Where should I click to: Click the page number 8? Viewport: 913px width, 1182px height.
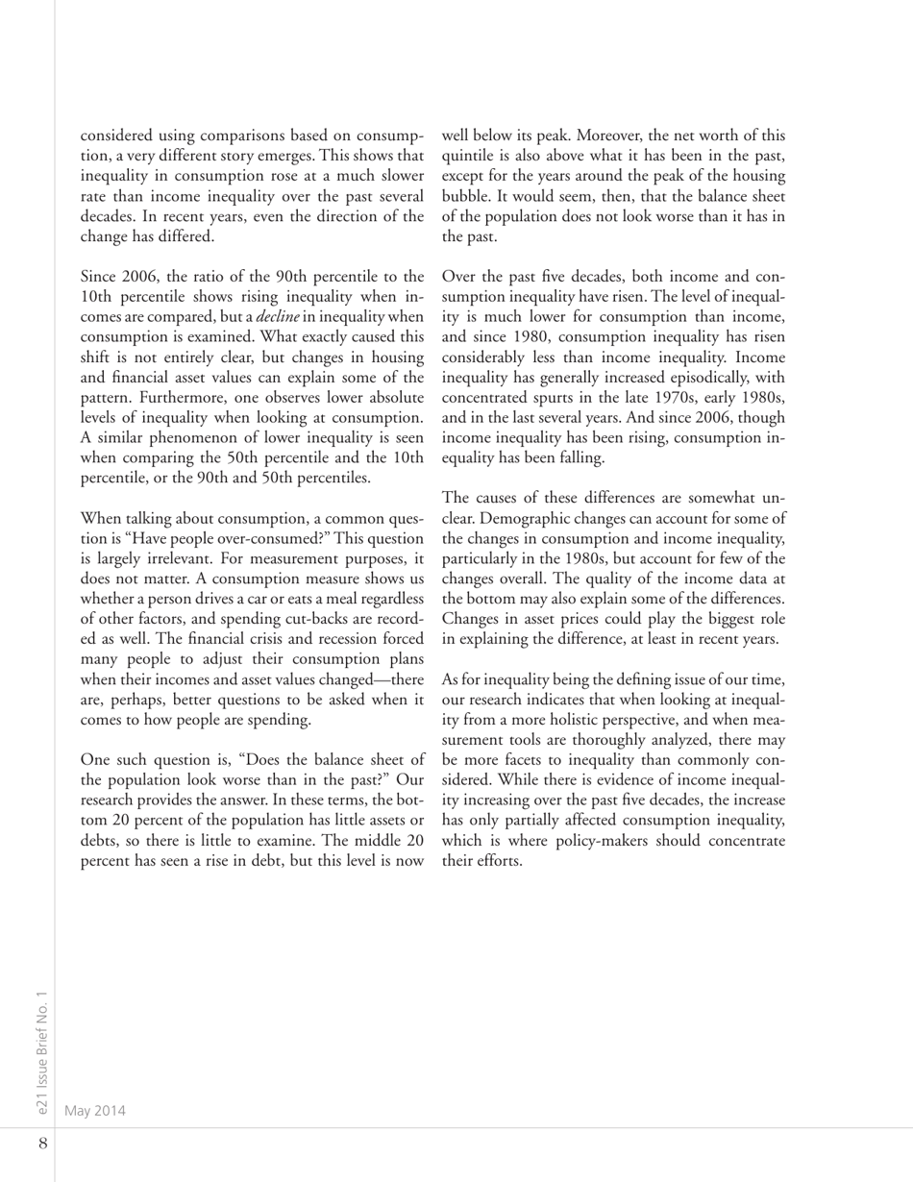coord(42,1144)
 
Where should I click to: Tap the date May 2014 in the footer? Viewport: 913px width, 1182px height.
coord(94,1111)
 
